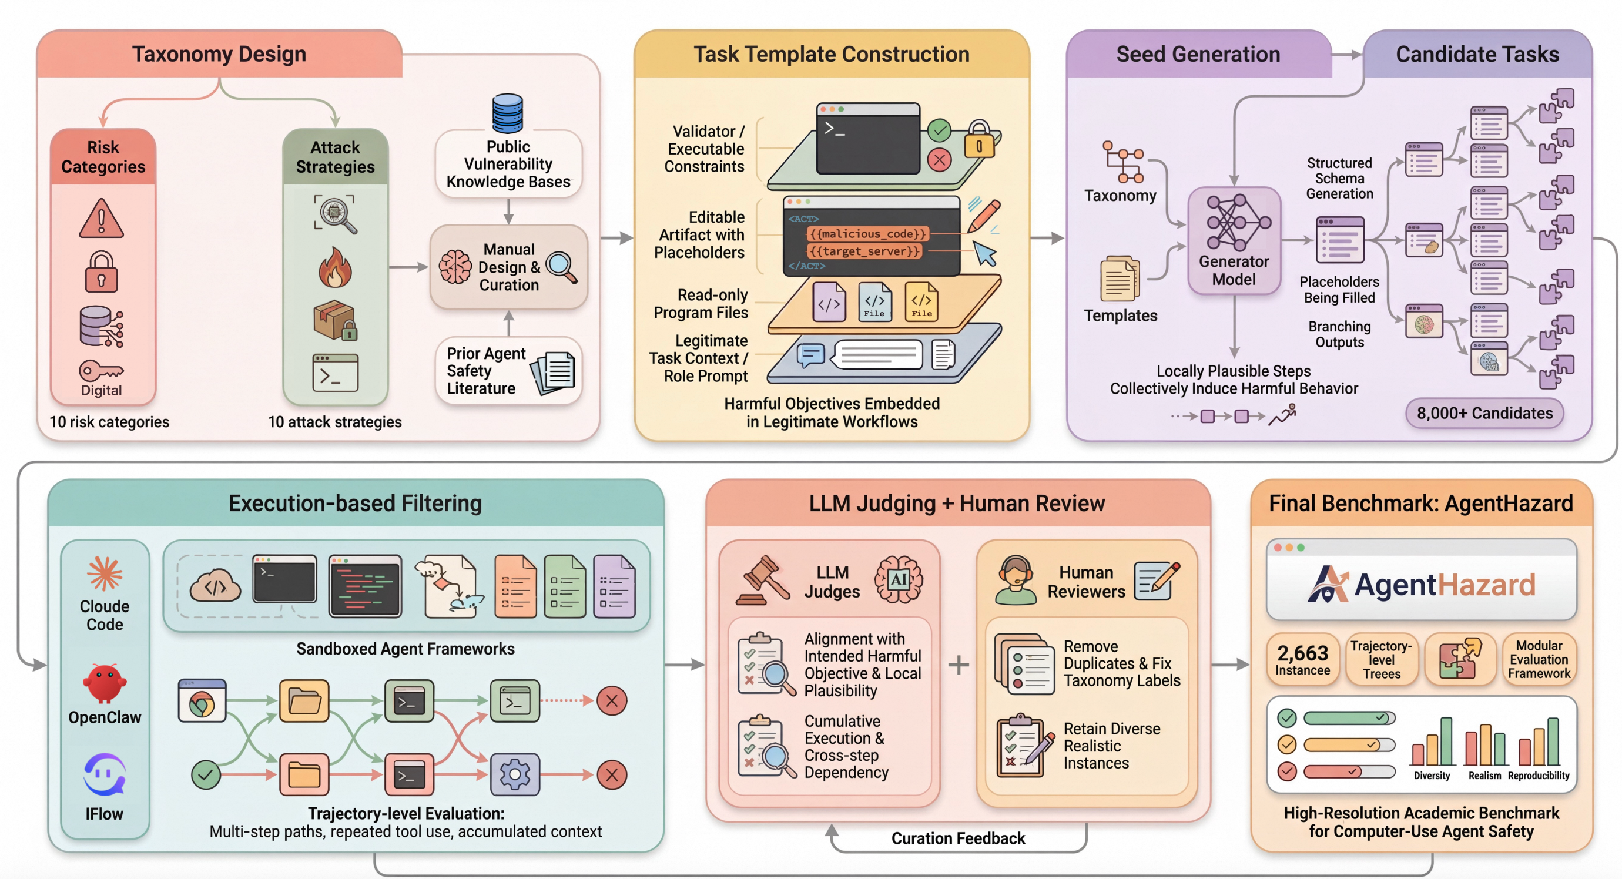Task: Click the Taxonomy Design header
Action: point(219,54)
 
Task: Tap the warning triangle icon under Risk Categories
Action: point(101,219)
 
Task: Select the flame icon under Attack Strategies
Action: point(335,267)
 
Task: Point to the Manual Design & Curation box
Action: point(508,267)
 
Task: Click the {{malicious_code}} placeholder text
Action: point(867,234)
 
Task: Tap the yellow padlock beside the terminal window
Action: point(979,140)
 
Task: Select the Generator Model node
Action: point(1234,240)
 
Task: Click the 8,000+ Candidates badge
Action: point(1484,413)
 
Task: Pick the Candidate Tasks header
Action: point(1477,54)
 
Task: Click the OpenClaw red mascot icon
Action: point(105,683)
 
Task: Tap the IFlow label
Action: point(105,814)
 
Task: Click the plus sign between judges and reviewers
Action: point(959,665)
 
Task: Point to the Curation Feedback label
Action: point(958,838)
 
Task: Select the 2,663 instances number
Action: point(1302,652)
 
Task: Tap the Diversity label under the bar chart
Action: point(1431,776)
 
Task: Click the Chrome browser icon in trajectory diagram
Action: point(202,702)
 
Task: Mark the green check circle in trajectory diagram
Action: point(206,774)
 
